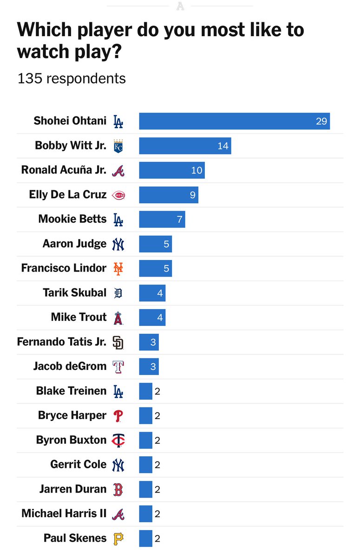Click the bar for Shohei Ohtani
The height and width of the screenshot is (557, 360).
point(234,121)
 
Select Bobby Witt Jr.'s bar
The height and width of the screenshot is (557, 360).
point(185,146)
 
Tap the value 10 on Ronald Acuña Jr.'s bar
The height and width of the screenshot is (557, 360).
point(196,170)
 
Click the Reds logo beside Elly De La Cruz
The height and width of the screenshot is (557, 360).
point(118,195)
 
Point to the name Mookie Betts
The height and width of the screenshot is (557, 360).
point(72,219)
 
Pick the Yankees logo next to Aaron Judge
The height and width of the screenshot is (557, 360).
point(118,244)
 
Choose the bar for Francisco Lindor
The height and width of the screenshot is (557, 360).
point(155,268)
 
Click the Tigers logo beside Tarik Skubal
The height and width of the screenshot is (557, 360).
point(118,293)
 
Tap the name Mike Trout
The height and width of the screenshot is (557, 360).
point(79,317)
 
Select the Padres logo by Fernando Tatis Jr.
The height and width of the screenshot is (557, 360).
point(118,343)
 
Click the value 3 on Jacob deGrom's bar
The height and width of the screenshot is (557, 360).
point(153,367)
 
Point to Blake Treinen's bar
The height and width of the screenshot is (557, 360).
point(145,391)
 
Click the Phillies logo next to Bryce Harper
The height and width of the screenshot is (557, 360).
point(118,416)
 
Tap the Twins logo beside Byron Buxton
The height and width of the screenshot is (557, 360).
point(118,440)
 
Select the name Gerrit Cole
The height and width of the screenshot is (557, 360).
point(78,464)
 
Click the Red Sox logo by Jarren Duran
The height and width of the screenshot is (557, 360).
point(118,489)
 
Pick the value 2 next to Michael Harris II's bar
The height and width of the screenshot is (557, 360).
point(157,514)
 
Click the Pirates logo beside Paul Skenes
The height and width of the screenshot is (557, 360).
point(118,538)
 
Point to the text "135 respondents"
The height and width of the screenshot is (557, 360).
point(72,78)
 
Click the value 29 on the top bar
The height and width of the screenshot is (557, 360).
point(321,122)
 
